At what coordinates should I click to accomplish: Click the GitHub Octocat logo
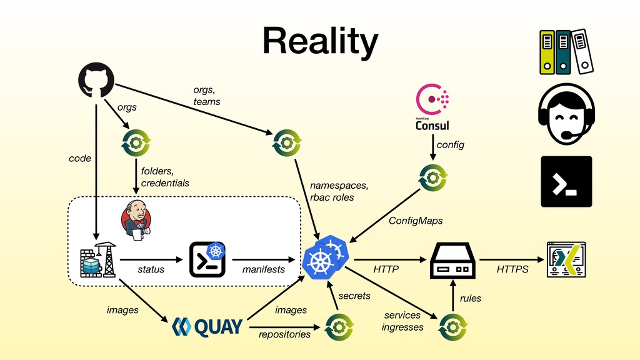tap(96, 80)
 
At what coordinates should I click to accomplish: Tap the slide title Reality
tap(321, 41)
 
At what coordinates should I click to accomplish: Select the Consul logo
tap(432, 107)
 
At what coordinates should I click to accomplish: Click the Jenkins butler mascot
tap(136, 221)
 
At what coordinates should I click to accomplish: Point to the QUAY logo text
tap(207, 327)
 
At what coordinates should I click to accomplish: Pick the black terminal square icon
tap(566, 182)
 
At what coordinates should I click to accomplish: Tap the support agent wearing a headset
tap(566, 114)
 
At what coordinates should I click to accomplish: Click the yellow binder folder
tap(547, 52)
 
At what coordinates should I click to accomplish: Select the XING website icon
tap(566, 259)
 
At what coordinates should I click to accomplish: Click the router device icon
tap(452, 261)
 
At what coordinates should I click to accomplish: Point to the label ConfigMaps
tap(416, 221)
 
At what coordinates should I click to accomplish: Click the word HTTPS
tap(512, 269)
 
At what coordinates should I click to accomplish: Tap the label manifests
tap(263, 269)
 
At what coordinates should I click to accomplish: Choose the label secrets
tap(354, 296)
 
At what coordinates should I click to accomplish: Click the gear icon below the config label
tap(433, 178)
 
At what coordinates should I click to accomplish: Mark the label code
tap(79, 158)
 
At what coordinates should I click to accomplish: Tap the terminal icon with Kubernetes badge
tap(207, 259)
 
